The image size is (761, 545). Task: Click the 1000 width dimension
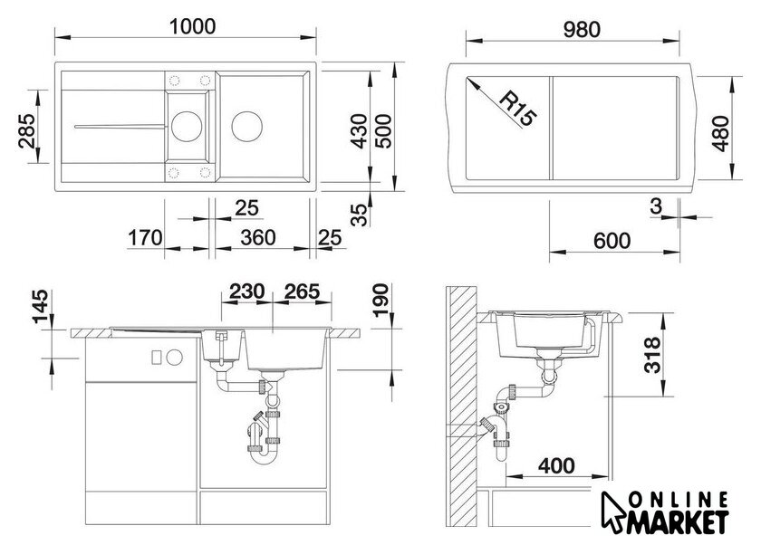[x=192, y=26]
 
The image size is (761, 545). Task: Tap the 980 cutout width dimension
[x=582, y=30]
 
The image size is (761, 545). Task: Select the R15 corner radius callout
[x=517, y=110]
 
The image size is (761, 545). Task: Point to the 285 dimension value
[x=27, y=131]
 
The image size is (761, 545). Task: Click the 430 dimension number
[x=360, y=131]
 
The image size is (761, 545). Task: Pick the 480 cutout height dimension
[x=722, y=133]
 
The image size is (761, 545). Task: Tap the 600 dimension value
[x=612, y=241]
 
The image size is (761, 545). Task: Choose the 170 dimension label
[x=145, y=238]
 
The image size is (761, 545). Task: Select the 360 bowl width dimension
[x=257, y=238]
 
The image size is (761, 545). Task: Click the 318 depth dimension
[x=653, y=356]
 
